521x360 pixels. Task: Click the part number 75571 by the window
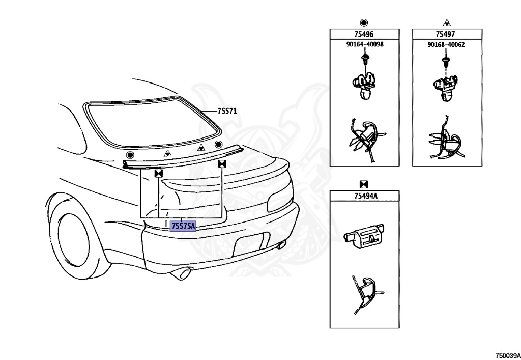click(x=227, y=111)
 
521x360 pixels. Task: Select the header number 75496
click(x=363, y=35)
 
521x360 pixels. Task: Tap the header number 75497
click(x=445, y=35)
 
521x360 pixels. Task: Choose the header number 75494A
click(x=364, y=197)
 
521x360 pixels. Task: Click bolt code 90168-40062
click(x=446, y=45)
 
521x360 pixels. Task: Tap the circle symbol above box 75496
click(x=363, y=22)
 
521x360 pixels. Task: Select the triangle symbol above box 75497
click(x=446, y=22)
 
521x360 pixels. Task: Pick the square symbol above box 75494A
click(x=364, y=184)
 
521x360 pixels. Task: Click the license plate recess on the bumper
click(x=251, y=245)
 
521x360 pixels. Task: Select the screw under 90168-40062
click(x=446, y=62)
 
